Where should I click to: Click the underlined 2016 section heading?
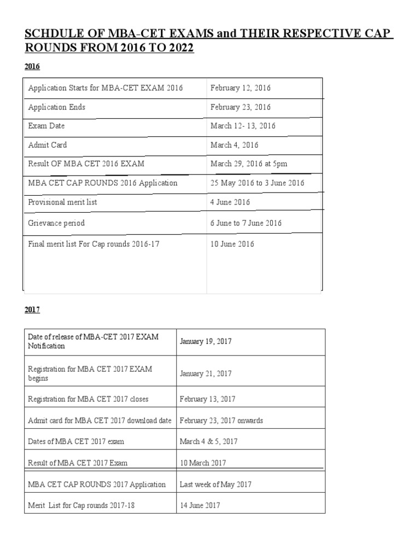point(32,67)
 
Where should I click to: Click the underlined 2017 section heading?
point(32,310)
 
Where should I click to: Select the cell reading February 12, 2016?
point(240,88)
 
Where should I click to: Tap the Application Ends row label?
point(57,107)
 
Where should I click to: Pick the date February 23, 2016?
point(240,107)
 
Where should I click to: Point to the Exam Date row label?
point(46,126)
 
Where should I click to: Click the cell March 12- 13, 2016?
point(243,126)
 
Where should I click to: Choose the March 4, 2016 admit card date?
point(234,145)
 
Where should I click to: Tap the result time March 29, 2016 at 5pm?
point(248,164)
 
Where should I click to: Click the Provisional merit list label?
point(62,202)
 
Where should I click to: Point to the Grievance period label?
point(56,223)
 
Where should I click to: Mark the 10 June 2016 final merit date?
point(232,244)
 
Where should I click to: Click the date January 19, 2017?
point(206,341)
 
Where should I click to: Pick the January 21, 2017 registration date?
point(206,374)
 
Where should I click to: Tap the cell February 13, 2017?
point(207,399)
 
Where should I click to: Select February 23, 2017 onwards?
point(221,421)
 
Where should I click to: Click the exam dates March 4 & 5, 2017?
point(208,441)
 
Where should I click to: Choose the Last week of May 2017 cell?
point(215,484)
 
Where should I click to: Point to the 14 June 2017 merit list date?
point(200,505)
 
